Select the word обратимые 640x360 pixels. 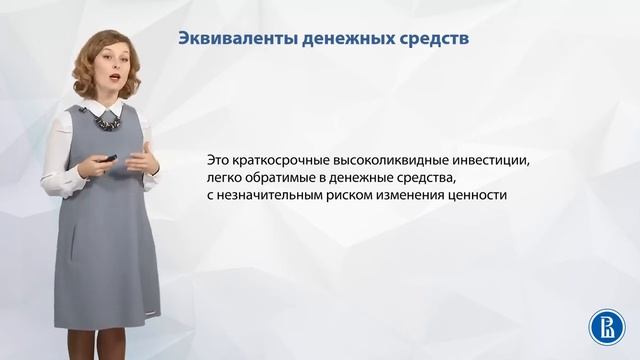point(282,177)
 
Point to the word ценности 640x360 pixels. point(483,194)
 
